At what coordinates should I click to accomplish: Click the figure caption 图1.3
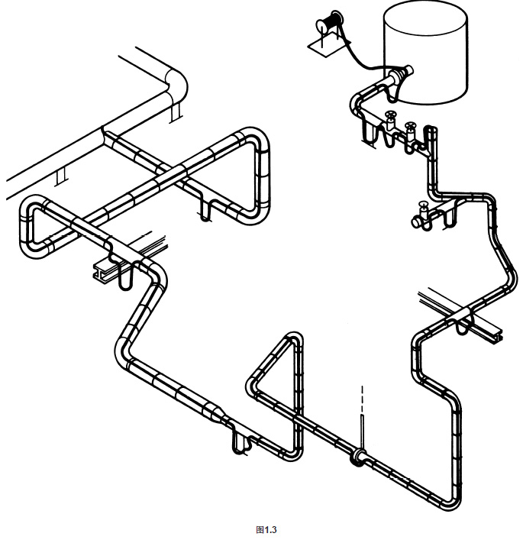point(266,529)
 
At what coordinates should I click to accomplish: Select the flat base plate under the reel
point(329,46)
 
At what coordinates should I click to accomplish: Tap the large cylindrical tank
point(426,52)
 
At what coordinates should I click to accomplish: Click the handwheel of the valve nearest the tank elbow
point(391,115)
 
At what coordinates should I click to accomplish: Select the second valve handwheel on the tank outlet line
point(411,125)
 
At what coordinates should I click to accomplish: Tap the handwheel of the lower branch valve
point(423,205)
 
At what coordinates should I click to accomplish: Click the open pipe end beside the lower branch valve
point(415,222)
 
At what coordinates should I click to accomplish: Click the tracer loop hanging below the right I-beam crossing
point(462,328)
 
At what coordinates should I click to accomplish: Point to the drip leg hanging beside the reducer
point(240,443)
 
